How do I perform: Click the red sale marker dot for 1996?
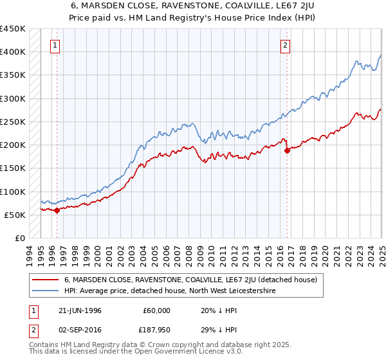57,210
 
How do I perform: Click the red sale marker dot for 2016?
287,150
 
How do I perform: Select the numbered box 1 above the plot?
56,45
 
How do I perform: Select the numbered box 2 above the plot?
284,45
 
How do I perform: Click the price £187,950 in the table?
156,330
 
